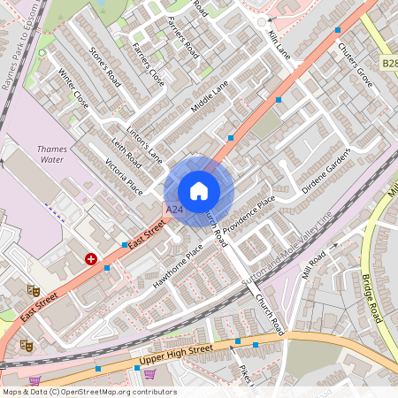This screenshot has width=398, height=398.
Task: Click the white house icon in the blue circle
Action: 199,190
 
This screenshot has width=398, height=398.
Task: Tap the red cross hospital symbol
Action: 91,258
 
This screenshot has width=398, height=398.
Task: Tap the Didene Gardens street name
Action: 326,170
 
